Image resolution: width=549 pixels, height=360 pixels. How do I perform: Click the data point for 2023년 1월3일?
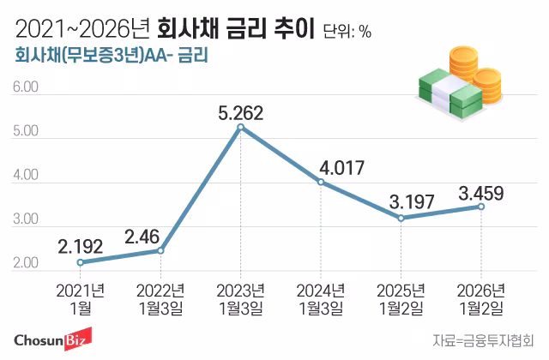pyautogui.click(x=240, y=128)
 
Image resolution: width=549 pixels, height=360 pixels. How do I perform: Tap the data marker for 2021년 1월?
pyautogui.click(x=80, y=262)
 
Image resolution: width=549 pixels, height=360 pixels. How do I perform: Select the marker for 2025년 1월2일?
pyautogui.click(x=401, y=219)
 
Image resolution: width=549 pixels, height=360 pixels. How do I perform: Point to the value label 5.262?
pyautogui.click(x=240, y=111)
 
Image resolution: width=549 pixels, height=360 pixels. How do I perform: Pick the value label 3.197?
pyautogui.click(x=401, y=202)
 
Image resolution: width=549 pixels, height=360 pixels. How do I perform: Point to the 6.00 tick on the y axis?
pyautogui.click(x=27, y=87)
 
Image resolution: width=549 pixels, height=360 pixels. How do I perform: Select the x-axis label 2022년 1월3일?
pyautogui.click(x=160, y=297)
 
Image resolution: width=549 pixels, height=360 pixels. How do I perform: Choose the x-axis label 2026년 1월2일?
pyautogui.click(x=481, y=297)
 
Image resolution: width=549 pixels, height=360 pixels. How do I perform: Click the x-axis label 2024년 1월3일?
pyautogui.click(x=321, y=297)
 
